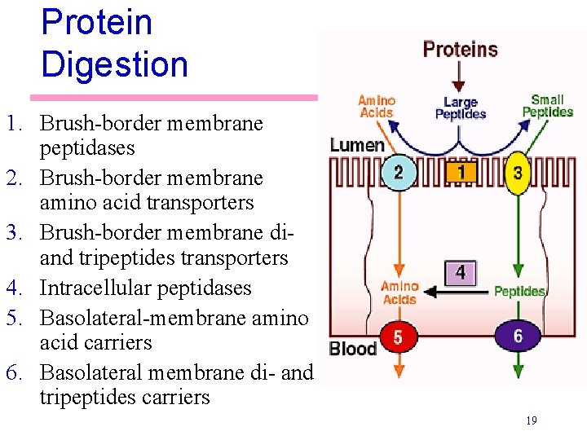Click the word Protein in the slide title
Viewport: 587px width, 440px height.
pyautogui.click(x=96, y=22)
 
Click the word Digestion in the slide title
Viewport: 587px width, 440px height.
pyautogui.click(x=114, y=64)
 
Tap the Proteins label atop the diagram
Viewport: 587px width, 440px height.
pyautogui.click(x=460, y=50)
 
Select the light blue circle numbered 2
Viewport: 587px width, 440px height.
pyautogui.click(x=398, y=172)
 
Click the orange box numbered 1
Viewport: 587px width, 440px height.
pyautogui.click(x=461, y=172)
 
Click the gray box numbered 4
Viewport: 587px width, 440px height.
pyautogui.click(x=461, y=273)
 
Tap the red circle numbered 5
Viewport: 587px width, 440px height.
pyautogui.click(x=397, y=337)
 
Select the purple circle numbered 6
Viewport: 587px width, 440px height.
pyautogui.click(x=518, y=336)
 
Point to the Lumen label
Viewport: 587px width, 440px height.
pyautogui.click(x=356, y=146)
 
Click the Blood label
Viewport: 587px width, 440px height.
pyautogui.click(x=352, y=349)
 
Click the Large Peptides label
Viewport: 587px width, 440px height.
pyautogui.click(x=460, y=108)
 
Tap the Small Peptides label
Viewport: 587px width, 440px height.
pyautogui.click(x=547, y=106)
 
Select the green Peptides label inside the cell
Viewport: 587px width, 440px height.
pyautogui.click(x=519, y=291)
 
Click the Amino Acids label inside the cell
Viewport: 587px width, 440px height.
pyautogui.click(x=399, y=293)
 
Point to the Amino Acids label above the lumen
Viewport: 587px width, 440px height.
pyautogui.click(x=377, y=107)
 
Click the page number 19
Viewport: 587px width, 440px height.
pyautogui.click(x=531, y=420)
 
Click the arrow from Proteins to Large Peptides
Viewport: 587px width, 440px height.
pyautogui.click(x=460, y=77)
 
